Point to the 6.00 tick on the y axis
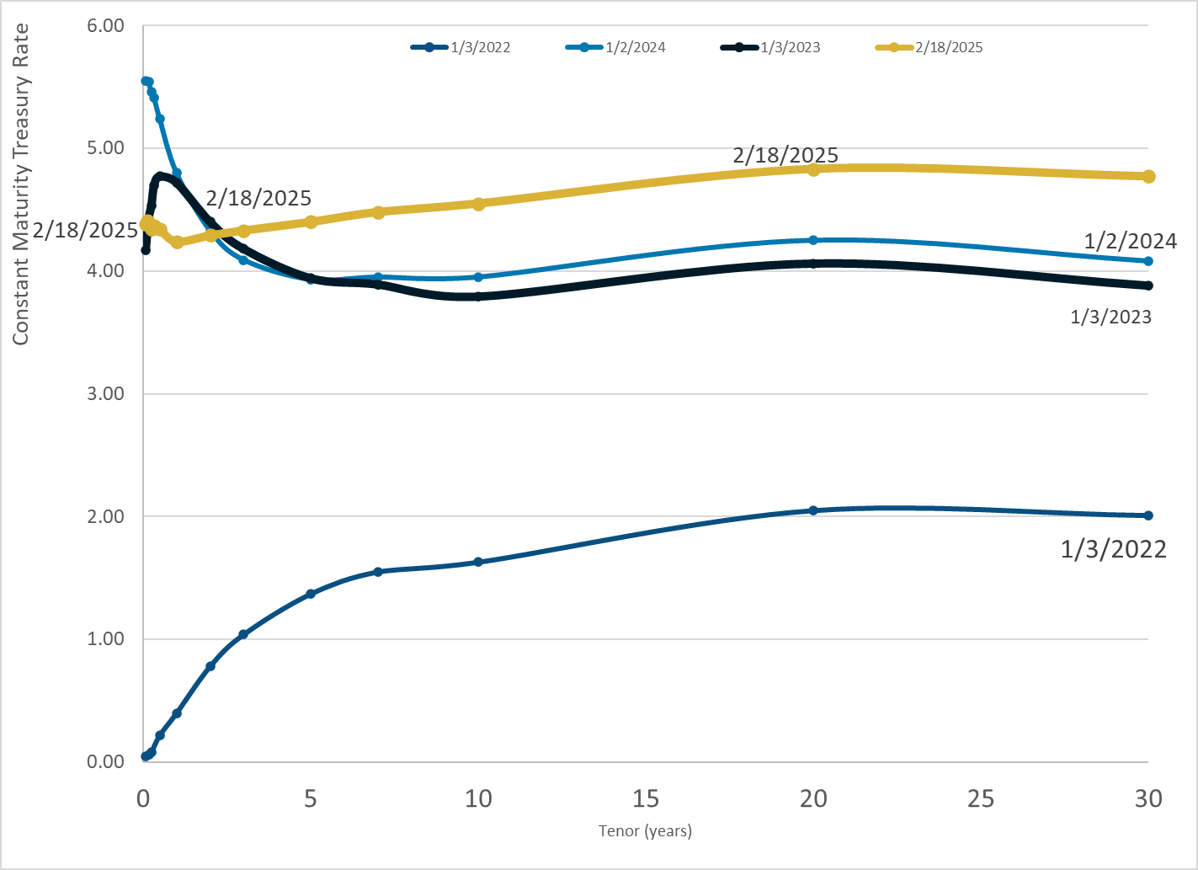pos(105,26)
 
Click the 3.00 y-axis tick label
pos(105,394)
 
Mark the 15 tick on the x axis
pos(646,798)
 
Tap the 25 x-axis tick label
pos(981,798)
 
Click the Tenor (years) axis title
pos(645,831)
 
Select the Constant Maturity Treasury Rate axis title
pos(21,184)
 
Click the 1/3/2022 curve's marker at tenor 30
pos(1148,515)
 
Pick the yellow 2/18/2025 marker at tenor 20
pos(813,170)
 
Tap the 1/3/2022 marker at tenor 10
pos(478,562)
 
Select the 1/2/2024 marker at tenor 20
pos(813,240)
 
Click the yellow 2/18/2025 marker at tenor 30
pos(1148,176)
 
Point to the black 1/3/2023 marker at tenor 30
pos(1148,286)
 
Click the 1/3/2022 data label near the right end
pos(1113,550)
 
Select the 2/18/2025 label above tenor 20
pos(785,155)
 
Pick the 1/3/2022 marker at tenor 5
pos(311,594)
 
